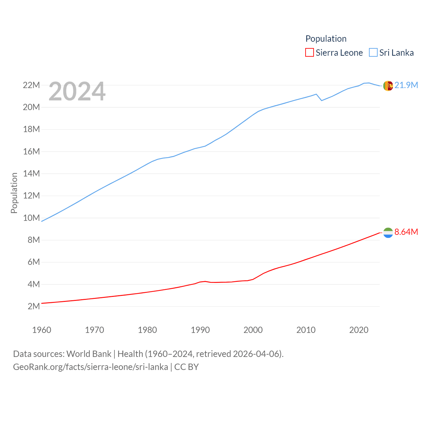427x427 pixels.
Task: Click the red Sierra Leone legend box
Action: [310, 53]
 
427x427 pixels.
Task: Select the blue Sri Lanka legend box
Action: [373, 53]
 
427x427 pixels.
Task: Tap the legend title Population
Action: [326, 39]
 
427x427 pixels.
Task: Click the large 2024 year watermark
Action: [77, 91]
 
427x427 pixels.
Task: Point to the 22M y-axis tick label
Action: [31, 85]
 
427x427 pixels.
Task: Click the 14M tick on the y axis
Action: [31, 173]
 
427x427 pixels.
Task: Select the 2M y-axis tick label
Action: [33, 306]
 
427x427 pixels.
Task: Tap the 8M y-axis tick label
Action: [33, 240]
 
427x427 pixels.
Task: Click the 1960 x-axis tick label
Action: [42, 330]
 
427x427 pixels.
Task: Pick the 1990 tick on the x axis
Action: [200, 330]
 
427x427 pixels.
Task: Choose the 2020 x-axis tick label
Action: [359, 330]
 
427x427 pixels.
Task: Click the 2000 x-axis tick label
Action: [253, 330]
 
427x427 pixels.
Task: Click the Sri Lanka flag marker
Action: [388, 86]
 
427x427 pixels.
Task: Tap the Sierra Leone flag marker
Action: [388, 233]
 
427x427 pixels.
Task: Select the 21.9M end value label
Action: [406, 85]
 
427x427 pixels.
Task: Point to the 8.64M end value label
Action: [406, 232]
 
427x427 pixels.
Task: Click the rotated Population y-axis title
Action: [14, 193]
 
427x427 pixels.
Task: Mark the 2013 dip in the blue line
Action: [322, 100]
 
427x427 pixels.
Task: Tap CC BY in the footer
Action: [186, 367]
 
